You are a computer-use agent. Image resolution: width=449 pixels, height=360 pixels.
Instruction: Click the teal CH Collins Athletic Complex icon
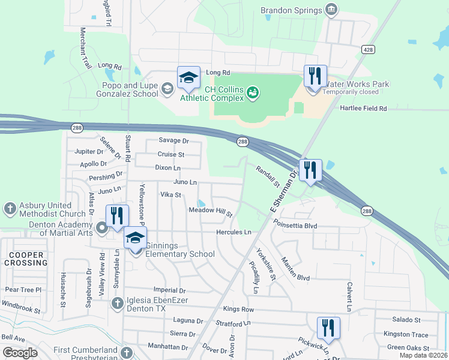[253, 92]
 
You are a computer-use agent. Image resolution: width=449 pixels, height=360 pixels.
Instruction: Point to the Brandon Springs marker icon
[331, 10]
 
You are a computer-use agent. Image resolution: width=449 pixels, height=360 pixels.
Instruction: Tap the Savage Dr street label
[173, 140]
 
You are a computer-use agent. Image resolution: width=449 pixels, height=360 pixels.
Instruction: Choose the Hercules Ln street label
[235, 232]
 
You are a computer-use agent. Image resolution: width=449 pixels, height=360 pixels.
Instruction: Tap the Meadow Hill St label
[211, 212]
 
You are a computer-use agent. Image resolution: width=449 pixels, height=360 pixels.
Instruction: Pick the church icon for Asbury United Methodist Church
[9, 209]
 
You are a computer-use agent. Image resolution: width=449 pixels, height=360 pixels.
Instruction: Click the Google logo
[20, 352]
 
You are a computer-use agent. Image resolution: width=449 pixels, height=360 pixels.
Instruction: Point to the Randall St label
[268, 176]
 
